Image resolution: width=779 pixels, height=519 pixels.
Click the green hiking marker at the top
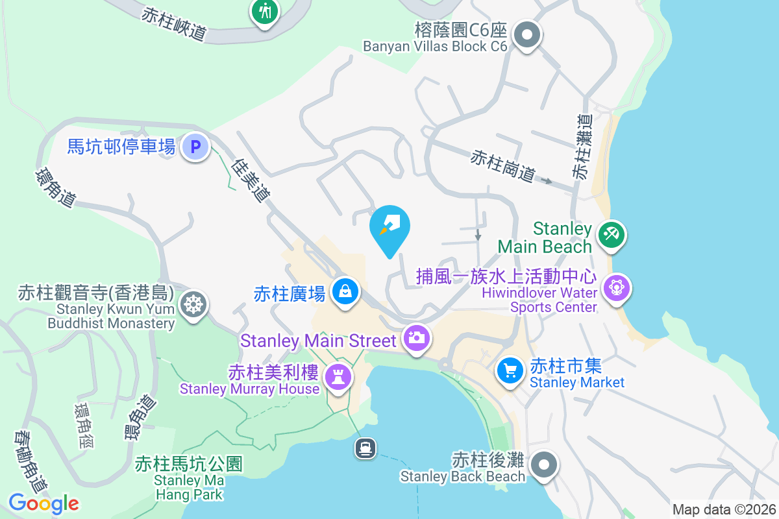(265, 11)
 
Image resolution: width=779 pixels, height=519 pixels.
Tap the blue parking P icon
(195, 147)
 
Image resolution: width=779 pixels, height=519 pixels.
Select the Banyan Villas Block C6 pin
(527, 34)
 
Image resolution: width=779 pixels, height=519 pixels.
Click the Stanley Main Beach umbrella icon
(611, 234)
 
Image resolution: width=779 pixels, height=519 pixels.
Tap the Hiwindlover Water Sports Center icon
(616, 287)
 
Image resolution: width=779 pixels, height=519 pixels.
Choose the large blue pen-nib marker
(389, 228)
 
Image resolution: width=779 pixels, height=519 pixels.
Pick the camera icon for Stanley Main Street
(415, 337)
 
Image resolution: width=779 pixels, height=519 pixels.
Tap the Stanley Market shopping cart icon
(510, 371)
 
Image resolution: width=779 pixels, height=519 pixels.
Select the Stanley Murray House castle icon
(338, 376)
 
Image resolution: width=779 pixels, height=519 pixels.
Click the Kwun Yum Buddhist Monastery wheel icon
(193, 304)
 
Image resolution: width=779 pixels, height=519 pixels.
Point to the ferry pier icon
(365, 448)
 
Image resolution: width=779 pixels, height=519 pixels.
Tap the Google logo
(43, 503)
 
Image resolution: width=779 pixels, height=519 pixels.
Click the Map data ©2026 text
(724, 509)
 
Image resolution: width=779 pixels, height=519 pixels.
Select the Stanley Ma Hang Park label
(189, 480)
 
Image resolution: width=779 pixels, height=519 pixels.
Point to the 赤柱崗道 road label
(504, 166)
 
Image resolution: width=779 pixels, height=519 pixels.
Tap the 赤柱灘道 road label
(582, 147)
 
